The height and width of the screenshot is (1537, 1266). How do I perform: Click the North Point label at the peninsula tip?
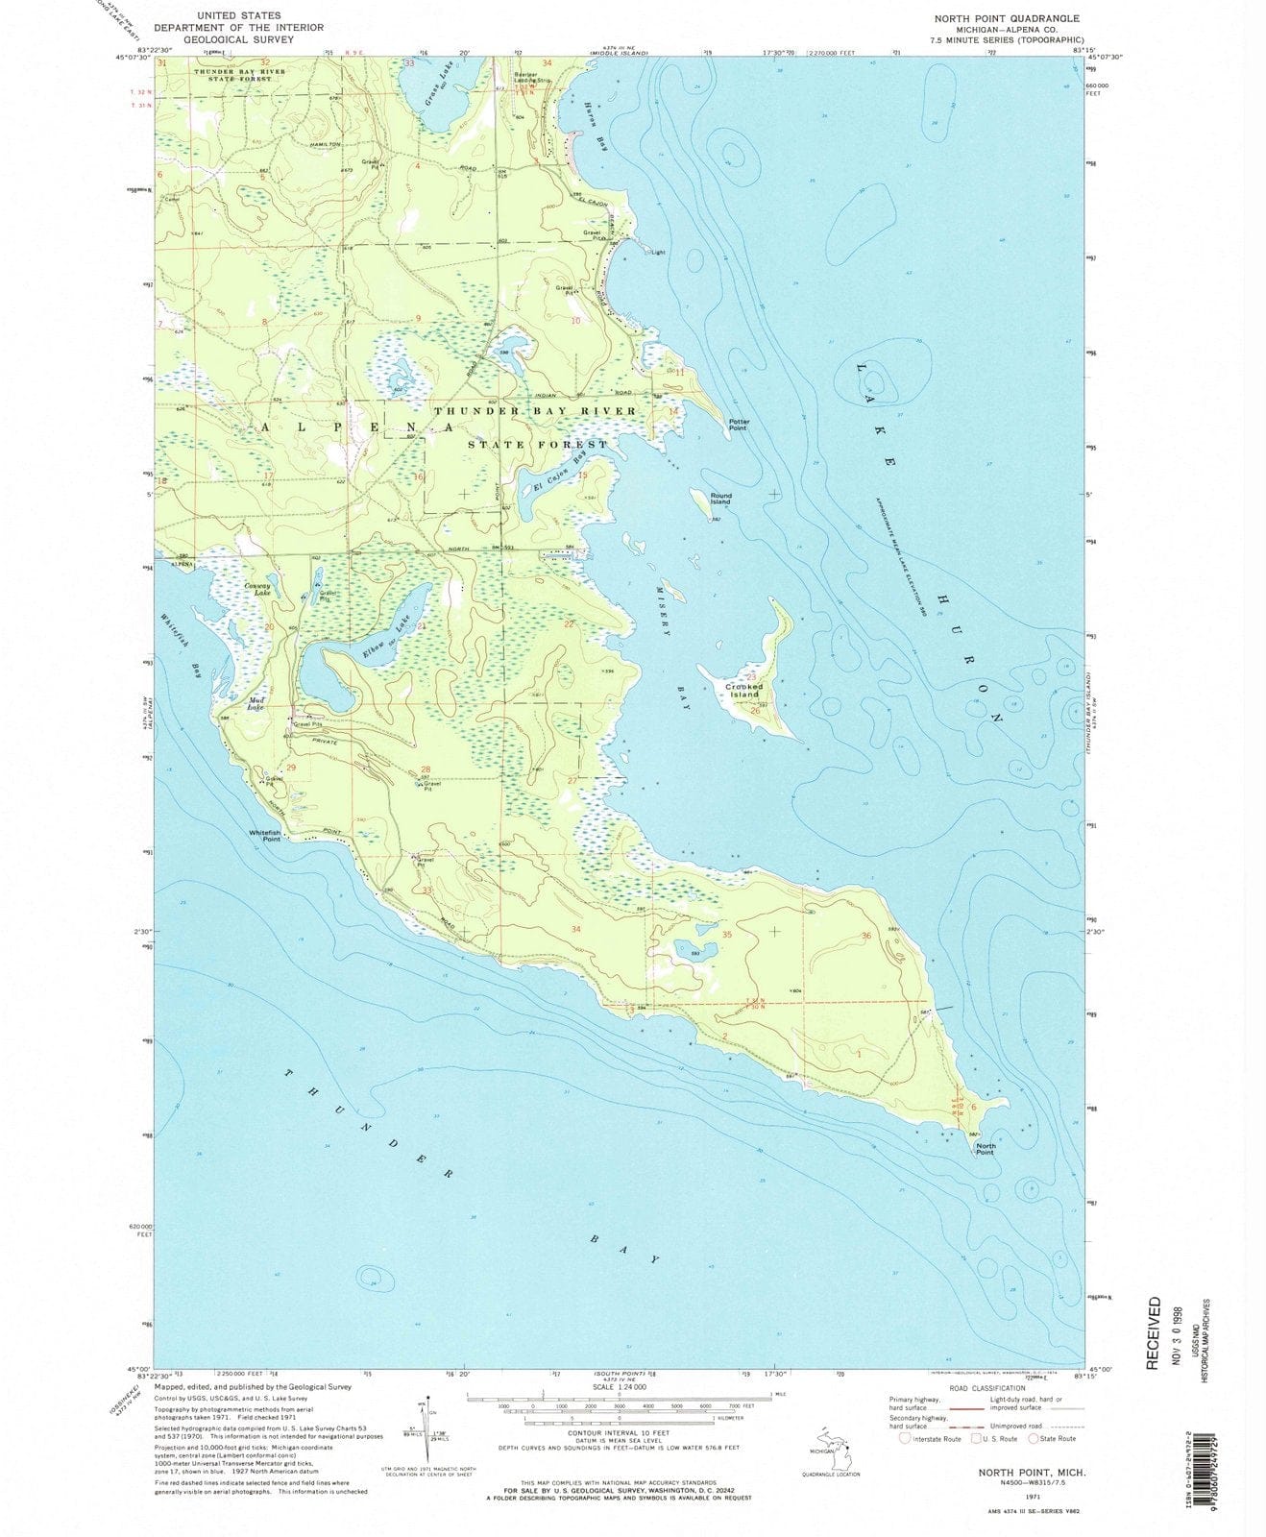[x=985, y=1149]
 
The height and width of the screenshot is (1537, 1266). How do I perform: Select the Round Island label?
[x=720, y=499]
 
